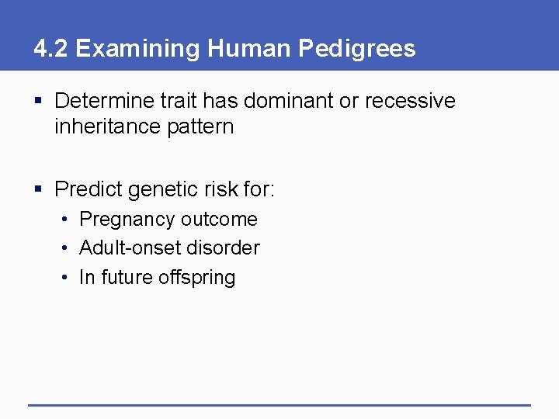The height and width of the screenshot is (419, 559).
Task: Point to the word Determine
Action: pos(104,101)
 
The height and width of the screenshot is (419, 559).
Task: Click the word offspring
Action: pos(200,278)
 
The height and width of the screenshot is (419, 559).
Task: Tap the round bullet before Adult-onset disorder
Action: pos(67,248)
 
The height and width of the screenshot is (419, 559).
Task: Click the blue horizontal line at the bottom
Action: pos(279,404)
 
